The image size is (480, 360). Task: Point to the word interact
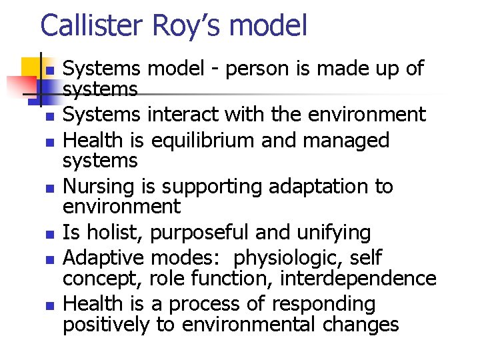coord(183,115)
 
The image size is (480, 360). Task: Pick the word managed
coord(348,141)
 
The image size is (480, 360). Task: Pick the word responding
coord(327,304)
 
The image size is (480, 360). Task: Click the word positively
coord(107,325)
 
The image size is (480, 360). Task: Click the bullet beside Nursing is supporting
coord(50,189)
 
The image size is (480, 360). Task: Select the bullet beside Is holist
coord(50,235)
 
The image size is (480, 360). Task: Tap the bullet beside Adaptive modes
coord(50,259)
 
